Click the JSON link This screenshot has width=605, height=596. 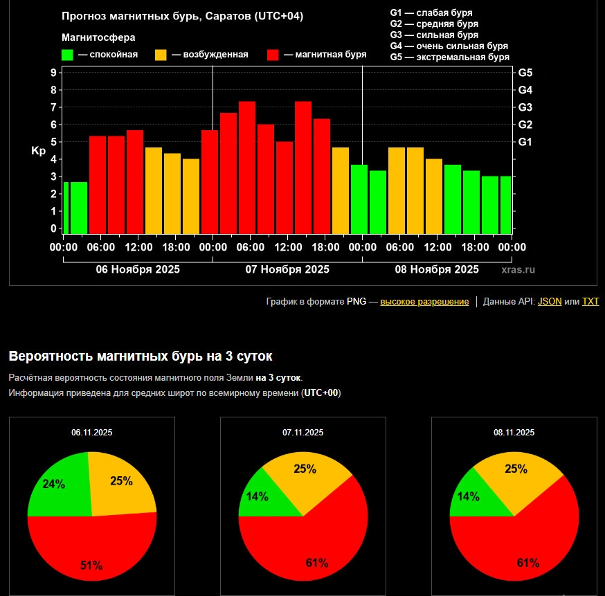tap(550, 302)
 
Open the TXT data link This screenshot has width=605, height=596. tap(590, 302)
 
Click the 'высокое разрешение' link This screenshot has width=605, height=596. tap(424, 302)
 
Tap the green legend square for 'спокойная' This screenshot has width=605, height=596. tap(68, 55)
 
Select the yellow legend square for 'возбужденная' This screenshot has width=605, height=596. tap(161, 55)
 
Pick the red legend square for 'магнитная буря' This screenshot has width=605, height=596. tap(273, 55)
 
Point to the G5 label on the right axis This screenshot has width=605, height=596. tap(525, 73)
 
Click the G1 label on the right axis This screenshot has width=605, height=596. tap(525, 142)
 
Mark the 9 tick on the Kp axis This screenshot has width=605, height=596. tap(53, 73)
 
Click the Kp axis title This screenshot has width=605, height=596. tap(38, 150)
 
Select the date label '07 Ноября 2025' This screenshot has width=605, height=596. tap(287, 269)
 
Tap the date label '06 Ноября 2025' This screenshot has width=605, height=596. tap(138, 269)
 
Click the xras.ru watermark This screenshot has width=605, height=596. tap(518, 270)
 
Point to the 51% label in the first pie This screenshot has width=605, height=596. tap(91, 566)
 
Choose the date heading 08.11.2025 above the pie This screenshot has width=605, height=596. tap(514, 433)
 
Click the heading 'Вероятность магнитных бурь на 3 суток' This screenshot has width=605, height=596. tap(141, 356)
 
